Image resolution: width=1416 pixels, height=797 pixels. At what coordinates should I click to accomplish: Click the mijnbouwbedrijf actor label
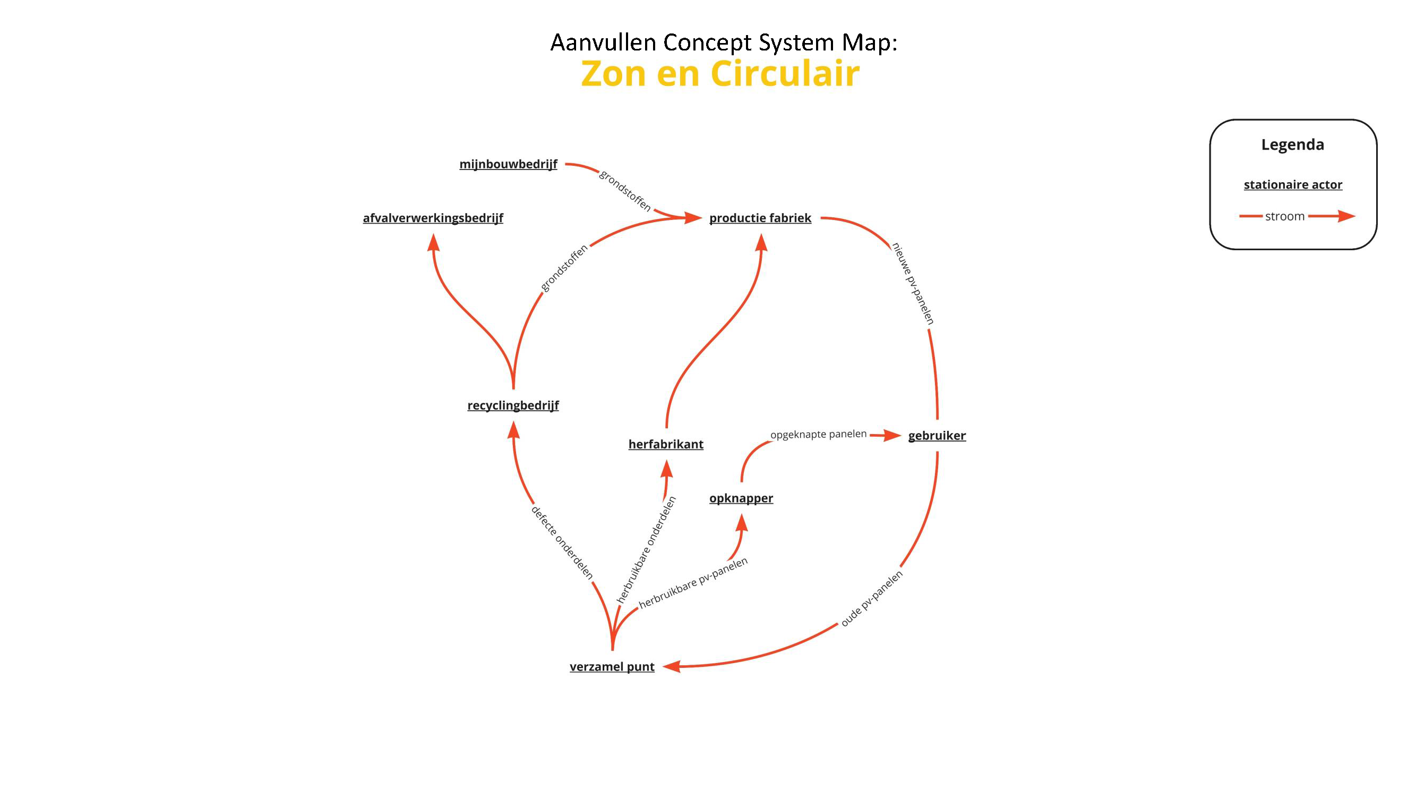click(x=508, y=164)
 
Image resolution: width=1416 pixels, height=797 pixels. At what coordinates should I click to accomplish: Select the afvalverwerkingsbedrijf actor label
click(x=433, y=218)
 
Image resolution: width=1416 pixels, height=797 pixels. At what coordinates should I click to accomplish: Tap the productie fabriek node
click(x=760, y=218)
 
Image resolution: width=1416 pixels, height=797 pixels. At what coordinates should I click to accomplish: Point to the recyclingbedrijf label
click(x=513, y=405)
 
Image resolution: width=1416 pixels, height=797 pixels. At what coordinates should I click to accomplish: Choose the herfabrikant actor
click(x=666, y=444)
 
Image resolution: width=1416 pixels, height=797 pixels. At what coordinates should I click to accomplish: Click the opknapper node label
click(x=741, y=498)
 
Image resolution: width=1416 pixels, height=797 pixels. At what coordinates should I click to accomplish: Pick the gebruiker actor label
click(x=937, y=436)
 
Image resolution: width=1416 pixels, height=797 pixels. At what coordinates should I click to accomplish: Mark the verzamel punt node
click(x=612, y=667)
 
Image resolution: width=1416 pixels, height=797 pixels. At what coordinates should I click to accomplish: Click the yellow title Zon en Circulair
click(x=720, y=73)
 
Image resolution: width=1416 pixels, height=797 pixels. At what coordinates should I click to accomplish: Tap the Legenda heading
click(x=1292, y=145)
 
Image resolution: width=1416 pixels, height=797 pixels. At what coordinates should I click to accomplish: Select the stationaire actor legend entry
click(x=1293, y=185)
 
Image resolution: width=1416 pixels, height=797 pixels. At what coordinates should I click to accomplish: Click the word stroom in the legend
click(x=1285, y=216)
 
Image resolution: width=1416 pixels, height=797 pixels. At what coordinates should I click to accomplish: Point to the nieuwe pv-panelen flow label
click(x=913, y=283)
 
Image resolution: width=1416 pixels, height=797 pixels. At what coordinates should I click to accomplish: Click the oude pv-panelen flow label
click(x=872, y=598)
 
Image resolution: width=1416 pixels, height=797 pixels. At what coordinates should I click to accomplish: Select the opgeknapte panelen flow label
click(x=818, y=434)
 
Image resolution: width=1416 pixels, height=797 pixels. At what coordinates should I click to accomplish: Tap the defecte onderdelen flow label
click(x=562, y=543)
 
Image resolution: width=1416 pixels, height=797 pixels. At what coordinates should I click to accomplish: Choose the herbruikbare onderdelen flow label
click(x=646, y=550)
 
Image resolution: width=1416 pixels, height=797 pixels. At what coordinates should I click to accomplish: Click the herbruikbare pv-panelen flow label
click(x=693, y=583)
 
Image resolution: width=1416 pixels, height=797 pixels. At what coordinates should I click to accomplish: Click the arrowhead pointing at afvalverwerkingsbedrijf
click(x=434, y=242)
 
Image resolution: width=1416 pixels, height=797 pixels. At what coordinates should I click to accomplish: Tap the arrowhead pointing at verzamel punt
click(x=672, y=667)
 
